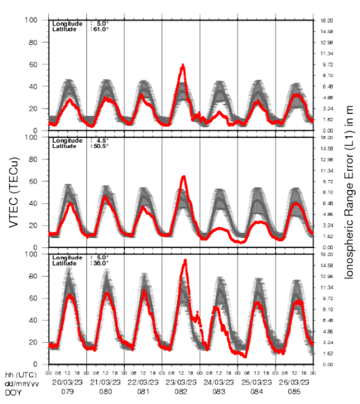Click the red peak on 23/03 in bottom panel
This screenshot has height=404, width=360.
(185, 261)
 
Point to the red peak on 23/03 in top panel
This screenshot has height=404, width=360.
(183, 66)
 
